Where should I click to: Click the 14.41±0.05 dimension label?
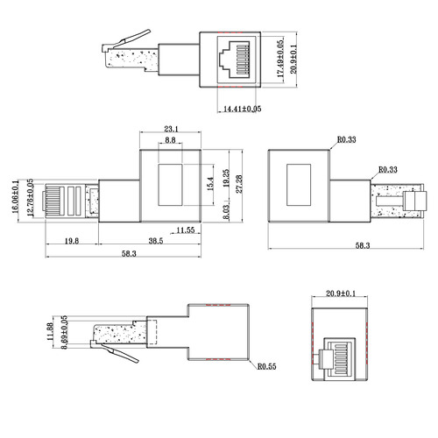pyautogui.click(x=242, y=109)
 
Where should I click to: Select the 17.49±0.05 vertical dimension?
pyautogui.click(x=280, y=59)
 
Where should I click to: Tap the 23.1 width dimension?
pyautogui.click(x=171, y=129)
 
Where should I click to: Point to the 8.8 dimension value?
pyautogui.click(x=170, y=140)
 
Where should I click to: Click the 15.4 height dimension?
pyautogui.click(x=210, y=184)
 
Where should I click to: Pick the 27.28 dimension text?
pyautogui.click(x=239, y=184)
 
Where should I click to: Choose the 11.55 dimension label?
pyautogui.click(x=186, y=230)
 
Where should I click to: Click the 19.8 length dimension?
pyautogui.click(x=72, y=241)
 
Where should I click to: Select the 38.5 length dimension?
pyautogui.click(x=156, y=241)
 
